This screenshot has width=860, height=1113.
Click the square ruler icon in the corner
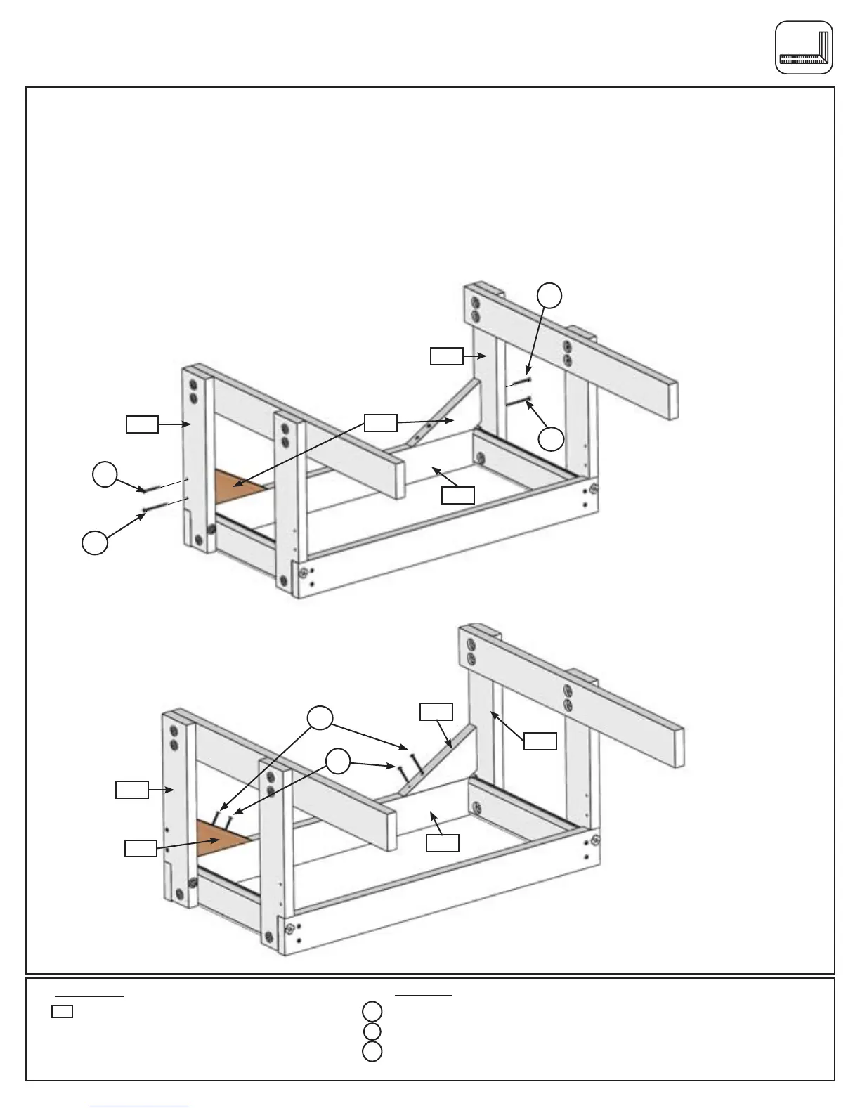[x=804, y=48]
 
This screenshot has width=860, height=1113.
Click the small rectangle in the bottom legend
[x=62, y=1013]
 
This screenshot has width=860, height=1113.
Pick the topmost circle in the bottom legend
[x=372, y=1012]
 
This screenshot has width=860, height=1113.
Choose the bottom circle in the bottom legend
[x=372, y=1052]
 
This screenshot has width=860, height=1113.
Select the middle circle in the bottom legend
[x=372, y=1031]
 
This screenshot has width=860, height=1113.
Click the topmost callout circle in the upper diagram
[x=550, y=295]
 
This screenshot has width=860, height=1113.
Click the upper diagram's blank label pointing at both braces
[x=380, y=422]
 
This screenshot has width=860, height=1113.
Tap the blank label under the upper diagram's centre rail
[x=457, y=495]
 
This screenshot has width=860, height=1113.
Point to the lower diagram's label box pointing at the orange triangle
[x=141, y=848]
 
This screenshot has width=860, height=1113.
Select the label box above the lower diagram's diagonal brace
[x=436, y=711]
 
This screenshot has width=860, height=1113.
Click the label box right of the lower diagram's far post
[x=540, y=741]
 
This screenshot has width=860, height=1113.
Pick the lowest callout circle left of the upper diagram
[x=95, y=543]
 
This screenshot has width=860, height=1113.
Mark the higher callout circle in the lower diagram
[x=320, y=717]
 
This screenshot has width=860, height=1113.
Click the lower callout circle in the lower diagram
[x=339, y=761]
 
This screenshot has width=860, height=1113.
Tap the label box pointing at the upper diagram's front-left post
[x=142, y=424]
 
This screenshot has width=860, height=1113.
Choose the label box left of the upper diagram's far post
[x=447, y=356]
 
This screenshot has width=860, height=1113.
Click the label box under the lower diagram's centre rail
[x=443, y=842]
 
